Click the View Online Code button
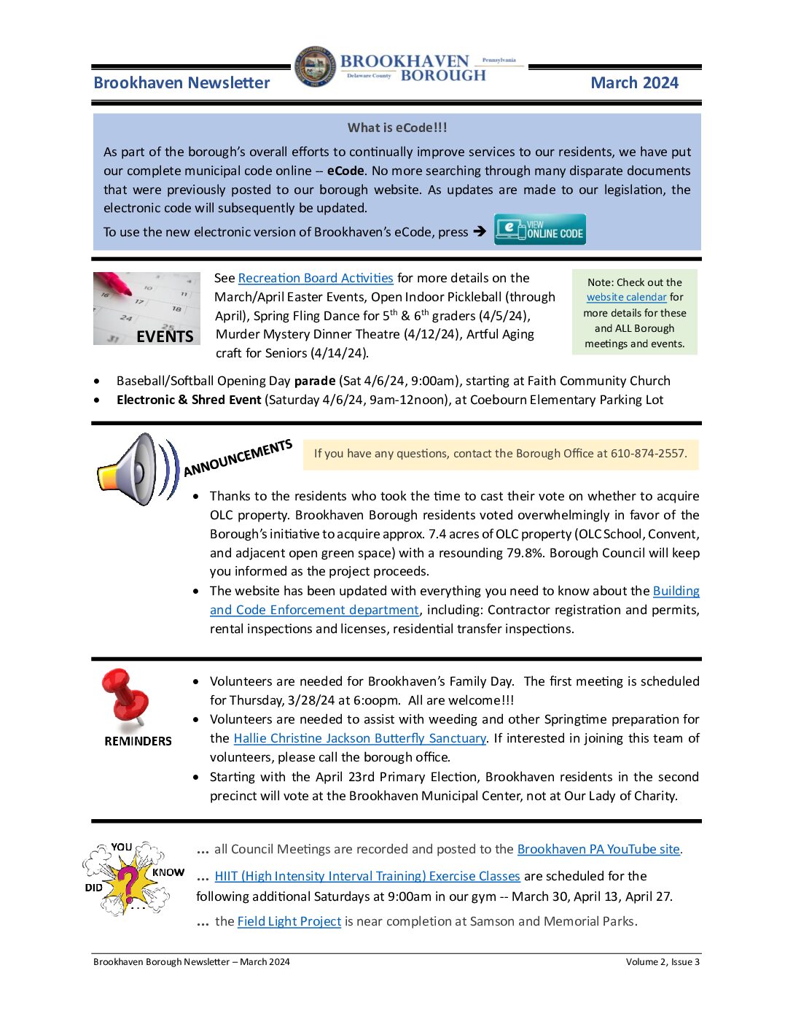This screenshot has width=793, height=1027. (539, 229)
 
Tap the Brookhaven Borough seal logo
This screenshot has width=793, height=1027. (316, 67)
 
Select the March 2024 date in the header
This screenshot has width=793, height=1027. (634, 83)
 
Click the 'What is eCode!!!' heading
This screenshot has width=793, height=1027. (397, 128)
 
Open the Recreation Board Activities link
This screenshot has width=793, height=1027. (316, 278)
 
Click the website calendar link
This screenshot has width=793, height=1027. (626, 298)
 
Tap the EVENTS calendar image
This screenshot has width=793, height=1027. (147, 308)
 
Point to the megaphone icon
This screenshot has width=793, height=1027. (134, 468)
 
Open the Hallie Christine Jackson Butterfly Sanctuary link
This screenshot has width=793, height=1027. (359, 738)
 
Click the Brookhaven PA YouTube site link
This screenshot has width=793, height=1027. (598, 849)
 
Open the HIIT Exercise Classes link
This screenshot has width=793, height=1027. (367, 876)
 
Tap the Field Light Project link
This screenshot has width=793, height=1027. (289, 921)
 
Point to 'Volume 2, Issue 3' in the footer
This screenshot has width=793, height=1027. (662, 962)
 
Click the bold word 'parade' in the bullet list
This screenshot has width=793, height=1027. (315, 381)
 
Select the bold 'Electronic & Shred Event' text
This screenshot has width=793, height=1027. (189, 400)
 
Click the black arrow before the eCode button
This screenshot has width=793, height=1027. (479, 232)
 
